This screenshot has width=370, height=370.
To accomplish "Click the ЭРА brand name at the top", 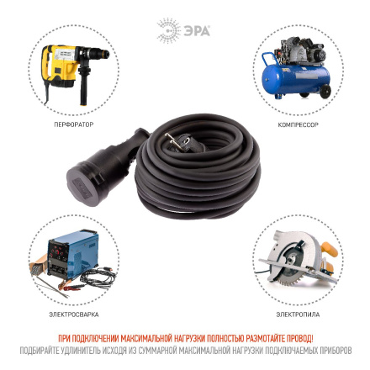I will tap(195, 30).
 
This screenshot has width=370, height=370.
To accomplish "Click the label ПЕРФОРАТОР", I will tap(73, 124).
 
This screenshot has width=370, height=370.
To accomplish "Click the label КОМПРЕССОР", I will tap(298, 124).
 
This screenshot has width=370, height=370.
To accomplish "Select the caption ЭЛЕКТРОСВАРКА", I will tap(73, 314).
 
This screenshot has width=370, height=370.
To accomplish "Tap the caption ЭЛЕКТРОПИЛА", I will tap(298, 314).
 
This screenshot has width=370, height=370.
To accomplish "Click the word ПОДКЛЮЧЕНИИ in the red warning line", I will tap(94, 338).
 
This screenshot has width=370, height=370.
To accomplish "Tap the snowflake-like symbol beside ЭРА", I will tap(167, 30).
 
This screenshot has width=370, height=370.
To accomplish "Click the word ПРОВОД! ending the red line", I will tap(300, 338).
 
